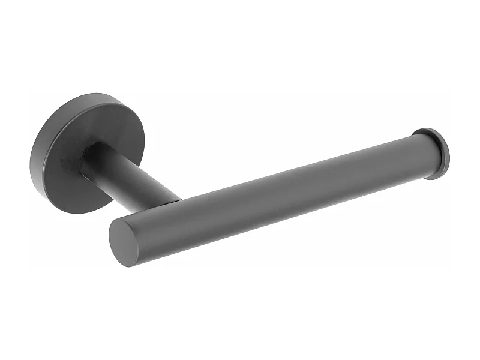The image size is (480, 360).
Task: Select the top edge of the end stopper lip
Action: pos(427,128)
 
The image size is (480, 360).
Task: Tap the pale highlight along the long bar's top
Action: pos(270,174)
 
